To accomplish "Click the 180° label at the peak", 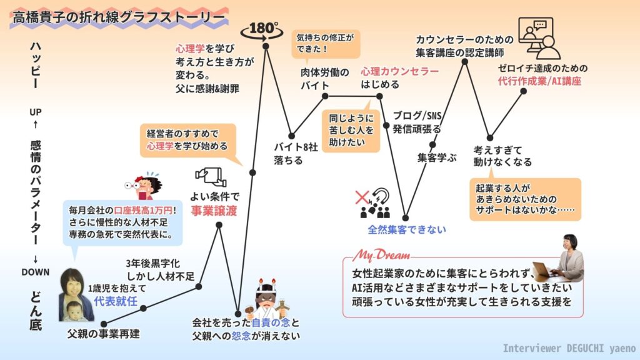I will (x=262, y=29).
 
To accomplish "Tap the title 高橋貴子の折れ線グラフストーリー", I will (x=118, y=17).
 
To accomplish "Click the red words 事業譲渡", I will (x=214, y=211).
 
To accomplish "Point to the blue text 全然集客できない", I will (x=407, y=229).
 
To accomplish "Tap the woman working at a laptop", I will (x=562, y=260).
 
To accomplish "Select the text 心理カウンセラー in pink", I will (x=399, y=72).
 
